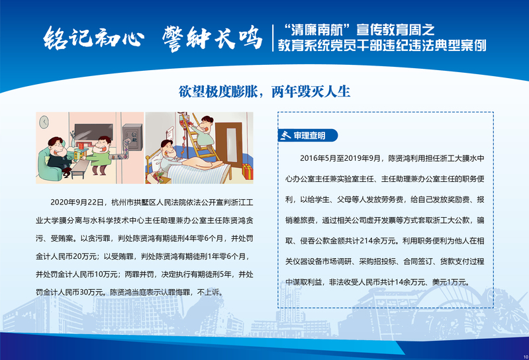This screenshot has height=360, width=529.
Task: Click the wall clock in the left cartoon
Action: click(x=44, y=122)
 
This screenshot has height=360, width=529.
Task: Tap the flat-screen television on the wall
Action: click(x=94, y=132)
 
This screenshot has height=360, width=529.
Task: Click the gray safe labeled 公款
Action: click(x=132, y=138)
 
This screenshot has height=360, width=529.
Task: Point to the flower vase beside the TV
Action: click(x=73, y=139)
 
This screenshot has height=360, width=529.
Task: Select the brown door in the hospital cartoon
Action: click(x=228, y=142)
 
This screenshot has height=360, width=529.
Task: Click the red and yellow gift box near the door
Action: click(x=248, y=171)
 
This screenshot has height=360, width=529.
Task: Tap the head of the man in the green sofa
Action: click(x=56, y=146)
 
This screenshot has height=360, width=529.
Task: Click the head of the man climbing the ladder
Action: click(x=206, y=124)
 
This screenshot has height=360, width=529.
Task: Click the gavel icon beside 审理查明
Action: click(x=285, y=135)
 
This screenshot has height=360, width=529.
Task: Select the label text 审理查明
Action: click(x=309, y=136)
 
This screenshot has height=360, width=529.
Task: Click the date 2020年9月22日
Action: click(x=77, y=202)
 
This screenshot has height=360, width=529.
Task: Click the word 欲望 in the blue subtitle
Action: click(x=191, y=92)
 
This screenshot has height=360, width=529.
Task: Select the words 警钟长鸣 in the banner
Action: click(x=213, y=39)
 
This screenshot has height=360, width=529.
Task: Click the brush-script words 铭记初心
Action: click(x=93, y=38)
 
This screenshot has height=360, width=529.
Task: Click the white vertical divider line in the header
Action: click(x=273, y=38)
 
